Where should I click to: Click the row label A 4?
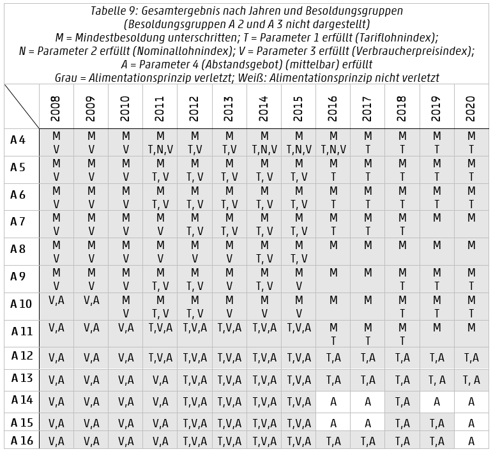tap(19, 140)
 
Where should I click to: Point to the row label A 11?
tap(21, 331)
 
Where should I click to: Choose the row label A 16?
tap(21, 440)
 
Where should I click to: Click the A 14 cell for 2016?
tap(333, 402)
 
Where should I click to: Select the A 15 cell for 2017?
tap(367, 423)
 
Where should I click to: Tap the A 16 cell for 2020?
tap(471, 441)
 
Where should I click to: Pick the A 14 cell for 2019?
tap(437, 402)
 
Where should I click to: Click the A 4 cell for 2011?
tap(160, 143)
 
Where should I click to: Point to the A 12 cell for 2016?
tap(333, 358)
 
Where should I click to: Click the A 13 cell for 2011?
tap(160, 380)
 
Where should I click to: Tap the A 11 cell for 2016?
tap(333, 335)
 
